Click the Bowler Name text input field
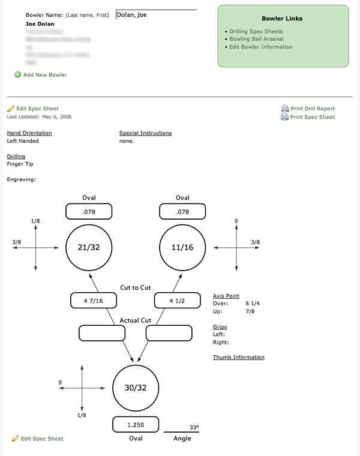click(x=156, y=15)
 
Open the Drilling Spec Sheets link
click(x=256, y=31)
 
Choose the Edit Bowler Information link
click(x=261, y=47)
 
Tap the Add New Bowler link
click(x=45, y=75)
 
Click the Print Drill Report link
click(x=312, y=109)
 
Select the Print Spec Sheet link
click(x=312, y=117)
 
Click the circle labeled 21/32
click(x=89, y=247)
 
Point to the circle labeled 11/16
click(x=182, y=247)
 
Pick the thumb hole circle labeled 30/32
click(x=136, y=388)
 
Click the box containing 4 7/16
click(x=93, y=301)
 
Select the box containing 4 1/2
click(x=177, y=301)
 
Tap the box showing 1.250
click(x=136, y=424)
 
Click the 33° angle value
click(x=194, y=428)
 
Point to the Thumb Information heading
click(x=238, y=358)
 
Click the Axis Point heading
click(x=226, y=296)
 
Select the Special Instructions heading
click(x=145, y=133)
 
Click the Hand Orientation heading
click(x=29, y=133)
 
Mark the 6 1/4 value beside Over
click(x=253, y=304)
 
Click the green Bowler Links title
click(x=282, y=19)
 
